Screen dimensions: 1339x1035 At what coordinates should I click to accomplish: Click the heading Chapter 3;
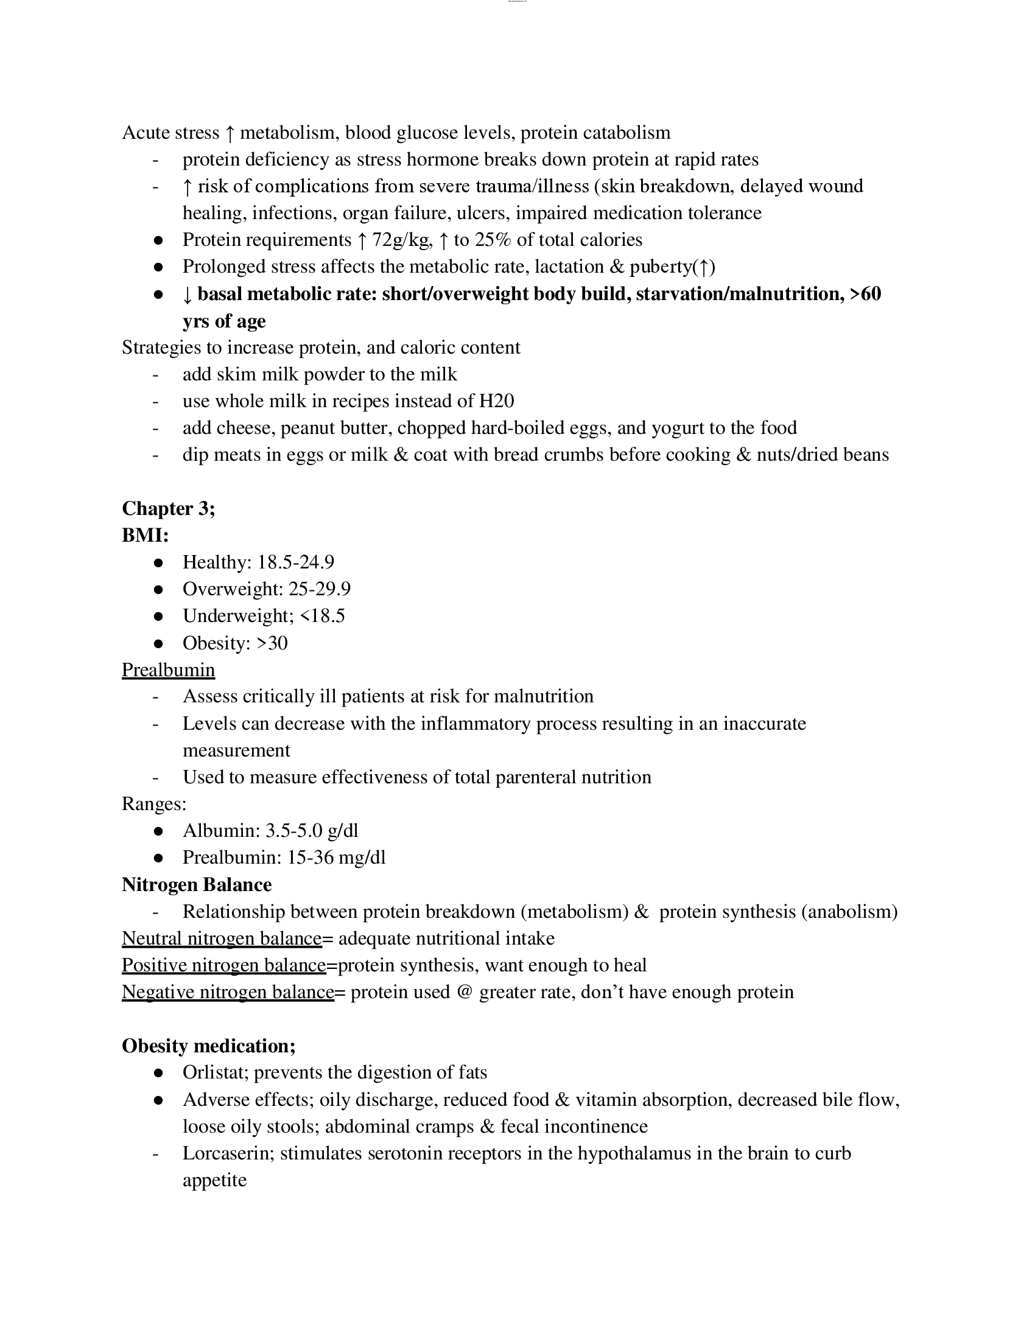[169, 508]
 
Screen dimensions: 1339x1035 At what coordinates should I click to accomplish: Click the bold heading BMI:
[146, 535]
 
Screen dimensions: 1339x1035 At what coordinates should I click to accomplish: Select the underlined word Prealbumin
[168, 669]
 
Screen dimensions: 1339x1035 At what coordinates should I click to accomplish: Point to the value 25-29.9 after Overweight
[320, 589]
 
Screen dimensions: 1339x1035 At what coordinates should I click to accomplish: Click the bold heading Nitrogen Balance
[196, 885]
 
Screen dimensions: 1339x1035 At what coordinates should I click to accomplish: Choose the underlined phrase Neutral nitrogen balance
[222, 939]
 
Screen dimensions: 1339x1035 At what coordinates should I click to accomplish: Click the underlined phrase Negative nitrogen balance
[228, 992]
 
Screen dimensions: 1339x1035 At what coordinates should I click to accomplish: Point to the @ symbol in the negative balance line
[464, 992]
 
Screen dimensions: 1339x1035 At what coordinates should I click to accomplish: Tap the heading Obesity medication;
[208, 1045]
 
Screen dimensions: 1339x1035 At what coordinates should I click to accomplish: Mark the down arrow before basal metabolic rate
[188, 295]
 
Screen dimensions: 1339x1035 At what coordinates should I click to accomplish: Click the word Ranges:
[154, 804]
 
